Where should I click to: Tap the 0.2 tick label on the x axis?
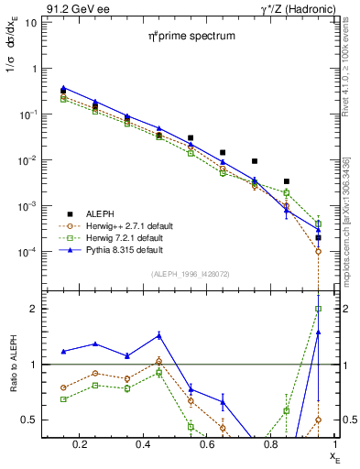click(82, 446)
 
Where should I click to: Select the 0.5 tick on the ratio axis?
click(29, 420)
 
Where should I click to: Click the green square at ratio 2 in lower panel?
click(318, 309)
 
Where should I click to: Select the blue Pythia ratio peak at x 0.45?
click(158, 335)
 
